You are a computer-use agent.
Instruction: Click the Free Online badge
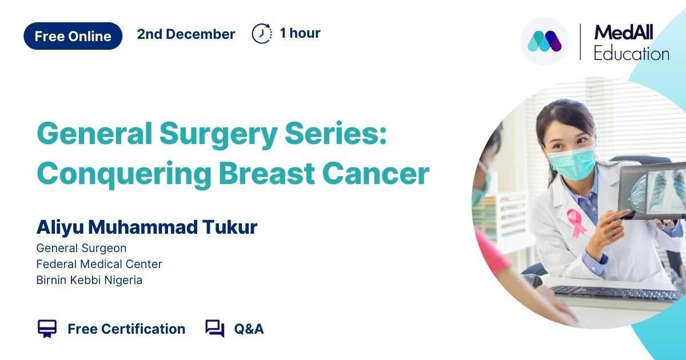point(73,36)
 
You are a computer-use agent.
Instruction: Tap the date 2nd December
point(186,34)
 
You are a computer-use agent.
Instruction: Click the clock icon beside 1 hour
point(262,33)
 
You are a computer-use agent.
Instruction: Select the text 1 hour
point(300,33)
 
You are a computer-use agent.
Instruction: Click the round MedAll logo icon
point(544,41)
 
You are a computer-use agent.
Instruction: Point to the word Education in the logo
point(631,54)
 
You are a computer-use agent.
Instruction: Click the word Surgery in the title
point(218,135)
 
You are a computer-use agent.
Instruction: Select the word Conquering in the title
point(123,174)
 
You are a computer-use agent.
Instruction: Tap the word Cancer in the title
point(376,173)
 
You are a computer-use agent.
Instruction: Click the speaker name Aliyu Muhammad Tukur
point(147,227)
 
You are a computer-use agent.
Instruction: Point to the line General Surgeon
point(81,248)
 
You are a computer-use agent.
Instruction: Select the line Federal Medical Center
point(99,264)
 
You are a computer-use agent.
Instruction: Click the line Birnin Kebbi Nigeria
point(89,280)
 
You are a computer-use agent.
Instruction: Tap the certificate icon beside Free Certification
point(47,329)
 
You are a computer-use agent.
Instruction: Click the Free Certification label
point(126,329)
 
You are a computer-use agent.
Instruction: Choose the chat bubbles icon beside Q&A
point(215,329)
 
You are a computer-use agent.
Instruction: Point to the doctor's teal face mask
point(572,163)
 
